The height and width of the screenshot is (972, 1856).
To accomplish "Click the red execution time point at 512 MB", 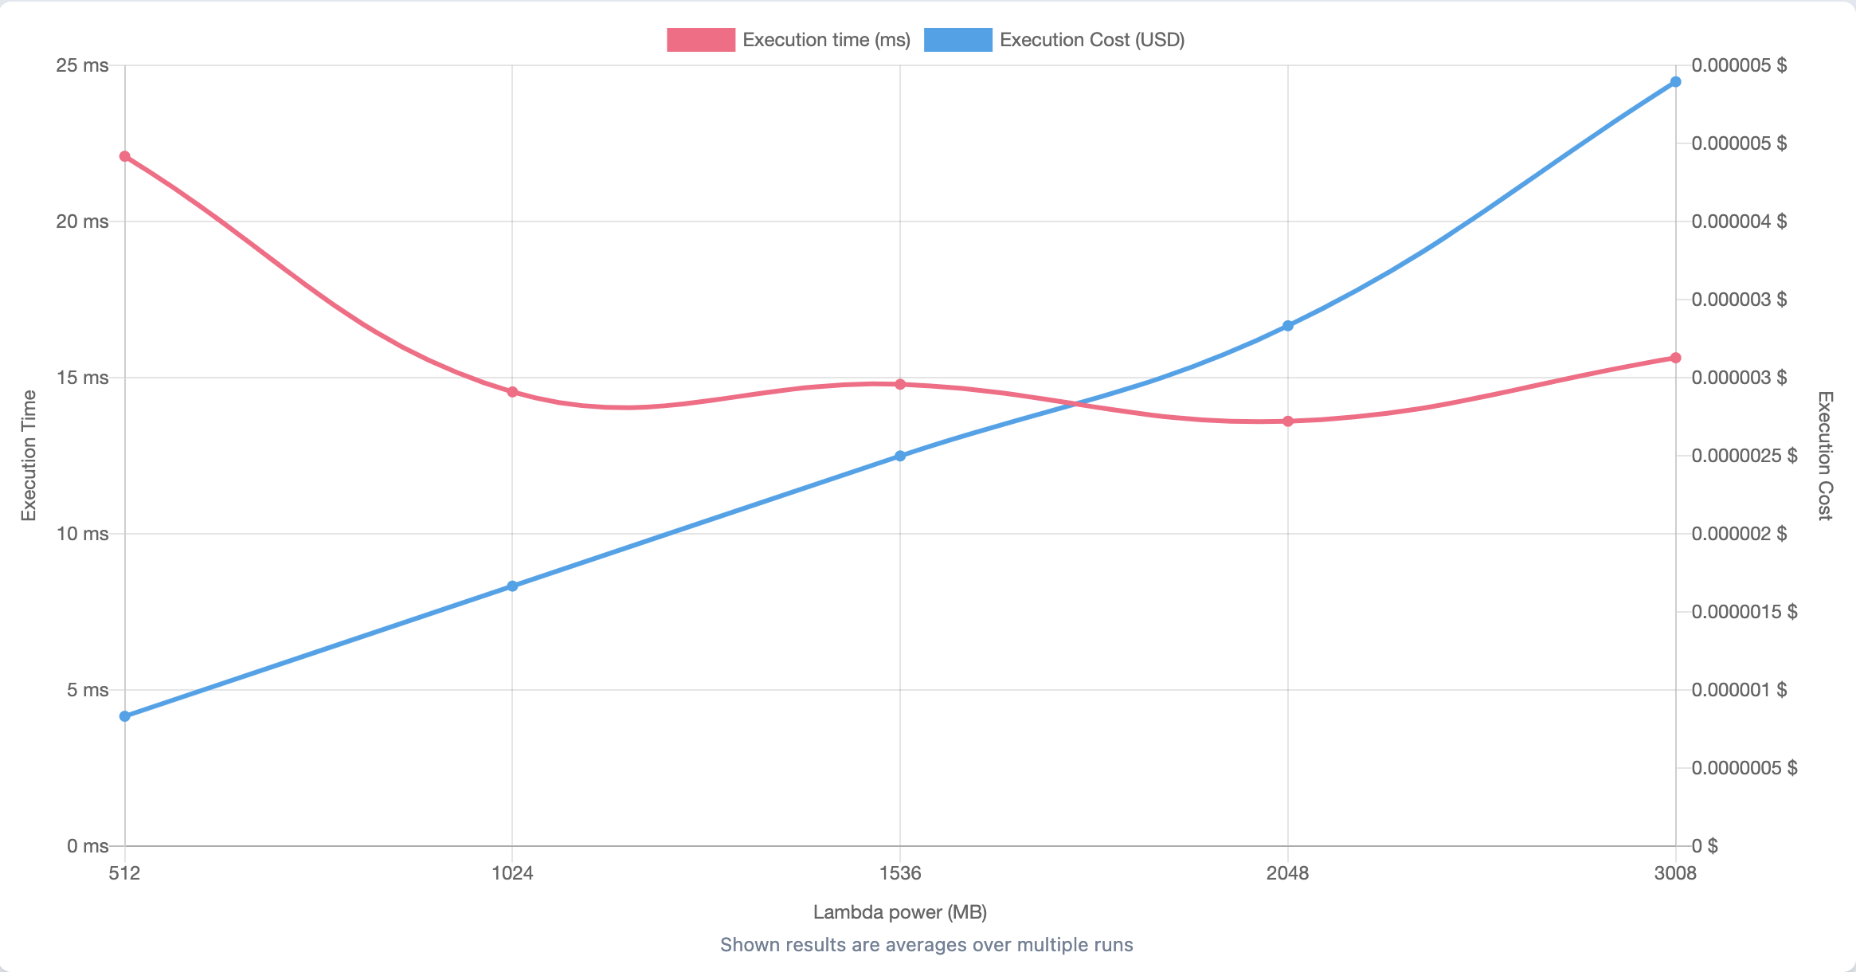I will pyautogui.click(x=125, y=156).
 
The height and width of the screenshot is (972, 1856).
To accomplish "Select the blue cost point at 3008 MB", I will pyautogui.click(x=1675, y=82).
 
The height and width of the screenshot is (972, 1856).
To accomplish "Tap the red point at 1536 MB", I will pyautogui.click(x=900, y=384).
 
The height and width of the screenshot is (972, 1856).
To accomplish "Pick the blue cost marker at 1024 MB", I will pyautogui.click(x=512, y=586).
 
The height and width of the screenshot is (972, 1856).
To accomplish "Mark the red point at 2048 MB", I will pyautogui.click(x=1288, y=421).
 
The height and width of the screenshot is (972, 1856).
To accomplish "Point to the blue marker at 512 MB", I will pyautogui.click(x=125, y=716).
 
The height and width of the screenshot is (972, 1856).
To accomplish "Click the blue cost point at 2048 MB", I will pyautogui.click(x=1288, y=326).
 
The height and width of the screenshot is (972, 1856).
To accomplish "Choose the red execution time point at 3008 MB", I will pyautogui.click(x=1675, y=358).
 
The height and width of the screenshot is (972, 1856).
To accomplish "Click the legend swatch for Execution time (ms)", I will pyautogui.click(x=701, y=40).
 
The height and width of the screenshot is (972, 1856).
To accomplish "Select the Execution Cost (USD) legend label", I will pyautogui.click(x=1092, y=40).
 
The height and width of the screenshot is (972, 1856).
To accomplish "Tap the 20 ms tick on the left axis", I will pyautogui.click(x=82, y=221).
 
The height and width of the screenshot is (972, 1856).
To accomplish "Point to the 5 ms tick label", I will pyautogui.click(x=87, y=690).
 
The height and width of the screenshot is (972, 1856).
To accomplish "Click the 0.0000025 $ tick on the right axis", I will pyautogui.click(x=1744, y=456).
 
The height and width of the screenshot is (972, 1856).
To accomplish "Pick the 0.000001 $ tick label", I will pyautogui.click(x=1739, y=690).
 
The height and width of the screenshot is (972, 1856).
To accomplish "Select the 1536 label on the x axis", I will pyautogui.click(x=900, y=873).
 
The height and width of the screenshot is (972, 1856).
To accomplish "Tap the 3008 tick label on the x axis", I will pyautogui.click(x=1675, y=873).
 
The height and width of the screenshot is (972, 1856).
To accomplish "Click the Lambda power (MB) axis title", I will pyautogui.click(x=900, y=912).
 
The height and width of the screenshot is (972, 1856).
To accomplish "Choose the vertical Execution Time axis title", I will pyautogui.click(x=29, y=456).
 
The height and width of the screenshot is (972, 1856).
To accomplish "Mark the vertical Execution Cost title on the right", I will pyautogui.click(x=1825, y=456).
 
